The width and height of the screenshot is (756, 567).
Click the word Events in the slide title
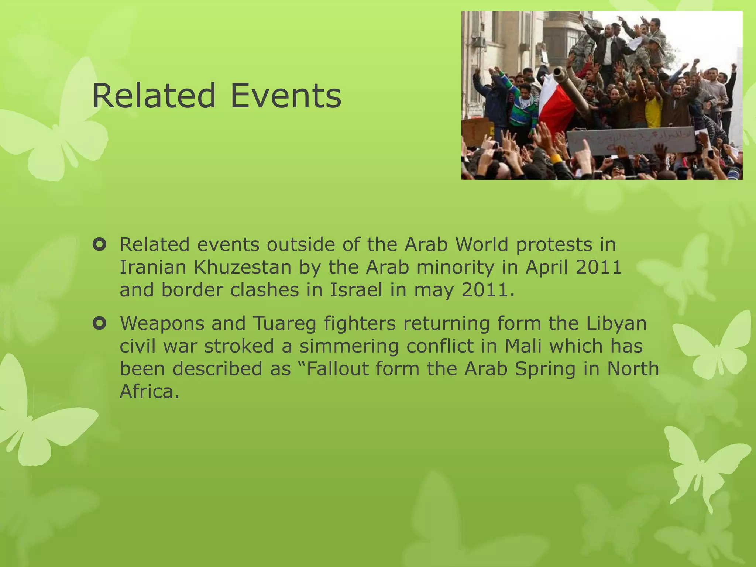point(286,96)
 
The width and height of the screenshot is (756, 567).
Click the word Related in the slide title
point(154,96)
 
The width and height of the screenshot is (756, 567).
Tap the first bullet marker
point(100,245)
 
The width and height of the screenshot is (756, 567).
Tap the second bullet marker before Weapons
point(100,324)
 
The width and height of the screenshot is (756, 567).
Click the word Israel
point(356,290)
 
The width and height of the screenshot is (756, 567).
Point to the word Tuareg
point(285,324)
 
